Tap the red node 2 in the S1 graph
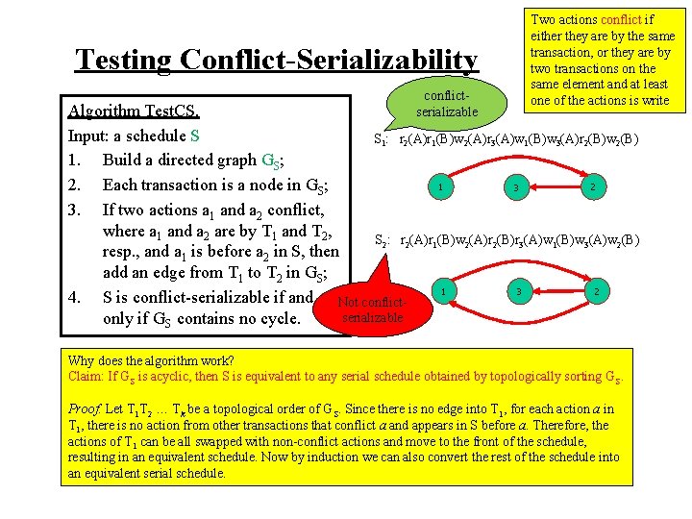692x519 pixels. [595, 186]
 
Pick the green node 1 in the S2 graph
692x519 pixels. [440, 289]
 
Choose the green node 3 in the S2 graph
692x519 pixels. [518, 290]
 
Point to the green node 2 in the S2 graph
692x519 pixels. [597, 289]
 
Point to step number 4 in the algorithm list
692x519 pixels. [75, 297]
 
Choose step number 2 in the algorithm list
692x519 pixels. [75, 185]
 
